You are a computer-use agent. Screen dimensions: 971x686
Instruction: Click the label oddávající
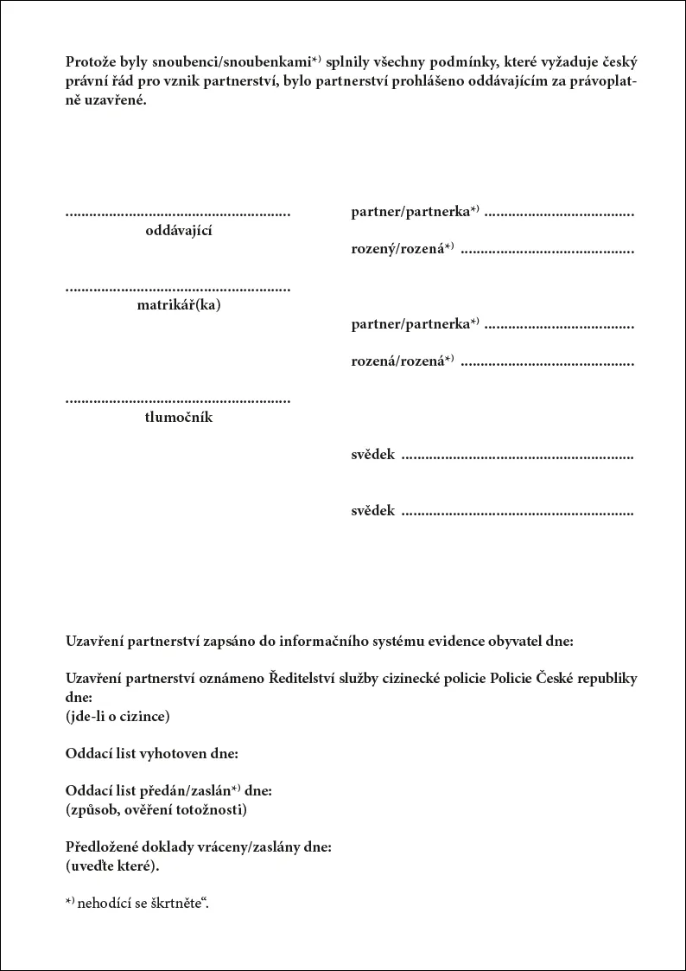coord(179,230)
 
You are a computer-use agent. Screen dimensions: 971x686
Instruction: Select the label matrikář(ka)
coord(179,304)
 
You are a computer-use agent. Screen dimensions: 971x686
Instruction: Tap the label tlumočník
coord(179,418)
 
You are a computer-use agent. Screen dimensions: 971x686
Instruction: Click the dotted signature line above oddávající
coord(178,213)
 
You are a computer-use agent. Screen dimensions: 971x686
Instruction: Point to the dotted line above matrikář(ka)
coord(178,288)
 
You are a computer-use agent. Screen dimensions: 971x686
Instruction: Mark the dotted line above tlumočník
coord(178,400)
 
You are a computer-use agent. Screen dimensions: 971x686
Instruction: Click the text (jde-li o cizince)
coord(118,716)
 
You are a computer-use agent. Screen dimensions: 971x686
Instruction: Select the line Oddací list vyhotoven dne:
coord(151,753)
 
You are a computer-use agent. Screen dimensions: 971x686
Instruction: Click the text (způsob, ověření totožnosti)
coord(156,809)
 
